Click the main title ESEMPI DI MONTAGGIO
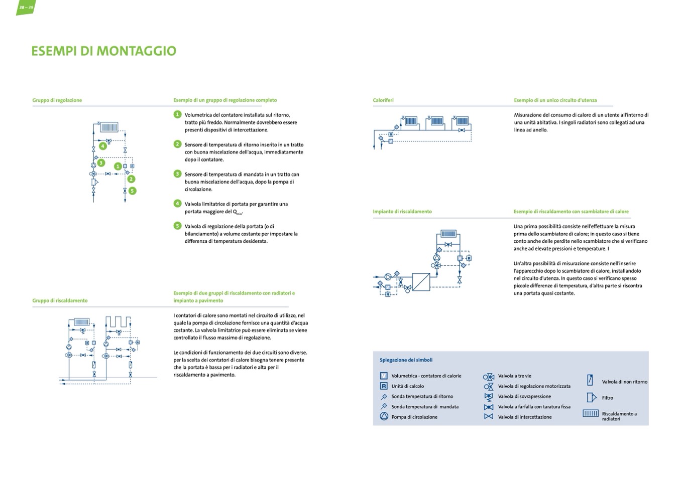point(103,51)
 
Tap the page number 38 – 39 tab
point(26,8)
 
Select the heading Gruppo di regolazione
point(57,100)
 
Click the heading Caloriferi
point(383,100)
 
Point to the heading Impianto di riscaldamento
point(402,212)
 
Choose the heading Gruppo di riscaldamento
point(60,301)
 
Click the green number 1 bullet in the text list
point(177,114)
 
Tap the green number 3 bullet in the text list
point(177,174)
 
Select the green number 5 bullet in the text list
point(177,226)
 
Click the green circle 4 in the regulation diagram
point(102,146)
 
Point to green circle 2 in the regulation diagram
point(131,179)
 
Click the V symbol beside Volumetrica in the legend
point(384,376)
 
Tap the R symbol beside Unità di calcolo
point(384,386)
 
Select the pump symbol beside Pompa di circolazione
point(384,417)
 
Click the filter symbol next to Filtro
point(591,398)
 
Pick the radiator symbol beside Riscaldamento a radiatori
point(591,414)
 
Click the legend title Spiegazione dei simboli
point(406,360)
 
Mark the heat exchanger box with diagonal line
point(421,282)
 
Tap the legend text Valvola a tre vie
point(514,376)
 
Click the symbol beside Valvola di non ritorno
point(590,381)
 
